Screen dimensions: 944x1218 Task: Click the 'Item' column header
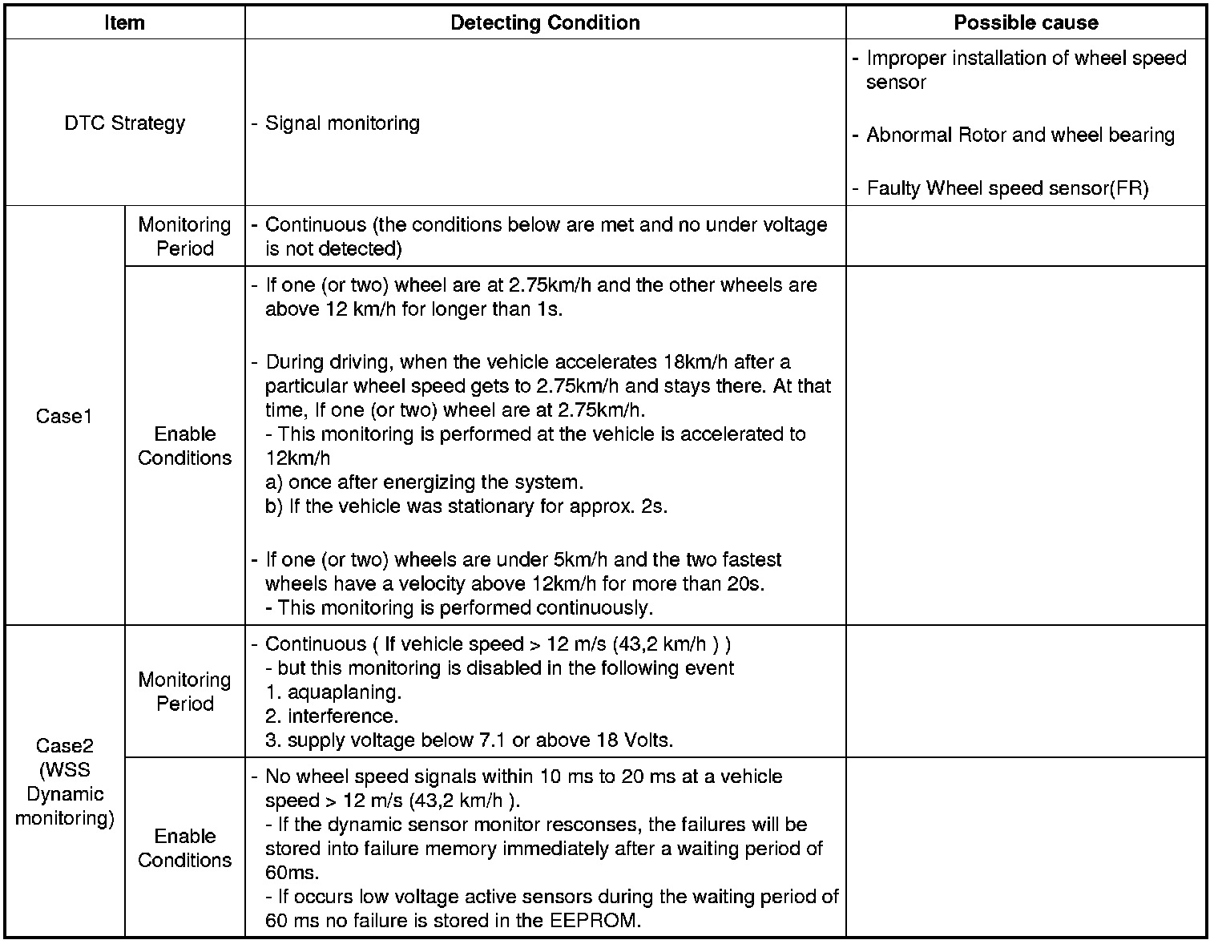pyautogui.click(x=124, y=22)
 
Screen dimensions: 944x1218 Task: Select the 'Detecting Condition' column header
pyautogui.click(x=545, y=22)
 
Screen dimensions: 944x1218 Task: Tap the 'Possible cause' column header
pyautogui.click(x=1026, y=22)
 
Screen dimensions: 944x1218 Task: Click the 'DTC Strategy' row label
pyautogui.click(x=124, y=123)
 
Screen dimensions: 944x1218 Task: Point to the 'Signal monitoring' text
pyautogui.click(x=342, y=123)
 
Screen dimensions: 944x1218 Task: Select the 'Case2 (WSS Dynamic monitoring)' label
pyautogui.click(x=64, y=781)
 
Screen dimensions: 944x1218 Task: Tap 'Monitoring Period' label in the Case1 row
pyautogui.click(x=184, y=236)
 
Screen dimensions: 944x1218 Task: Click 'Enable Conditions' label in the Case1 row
pyautogui.click(x=184, y=446)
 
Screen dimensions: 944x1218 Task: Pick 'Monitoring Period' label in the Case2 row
pyautogui.click(x=184, y=692)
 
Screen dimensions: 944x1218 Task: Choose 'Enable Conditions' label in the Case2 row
pyautogui.click(x=184, y=848)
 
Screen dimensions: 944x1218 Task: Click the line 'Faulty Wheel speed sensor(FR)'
pyautogui.click(x=1007, y=188)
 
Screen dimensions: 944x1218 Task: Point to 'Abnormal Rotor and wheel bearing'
pyautogui.click(x=1020, y=135)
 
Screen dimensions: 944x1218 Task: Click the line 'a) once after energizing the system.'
pyautogui.click(x=424, y=482)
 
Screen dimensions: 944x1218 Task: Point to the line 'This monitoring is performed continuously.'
pyautogui.click(x=465, y=608)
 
